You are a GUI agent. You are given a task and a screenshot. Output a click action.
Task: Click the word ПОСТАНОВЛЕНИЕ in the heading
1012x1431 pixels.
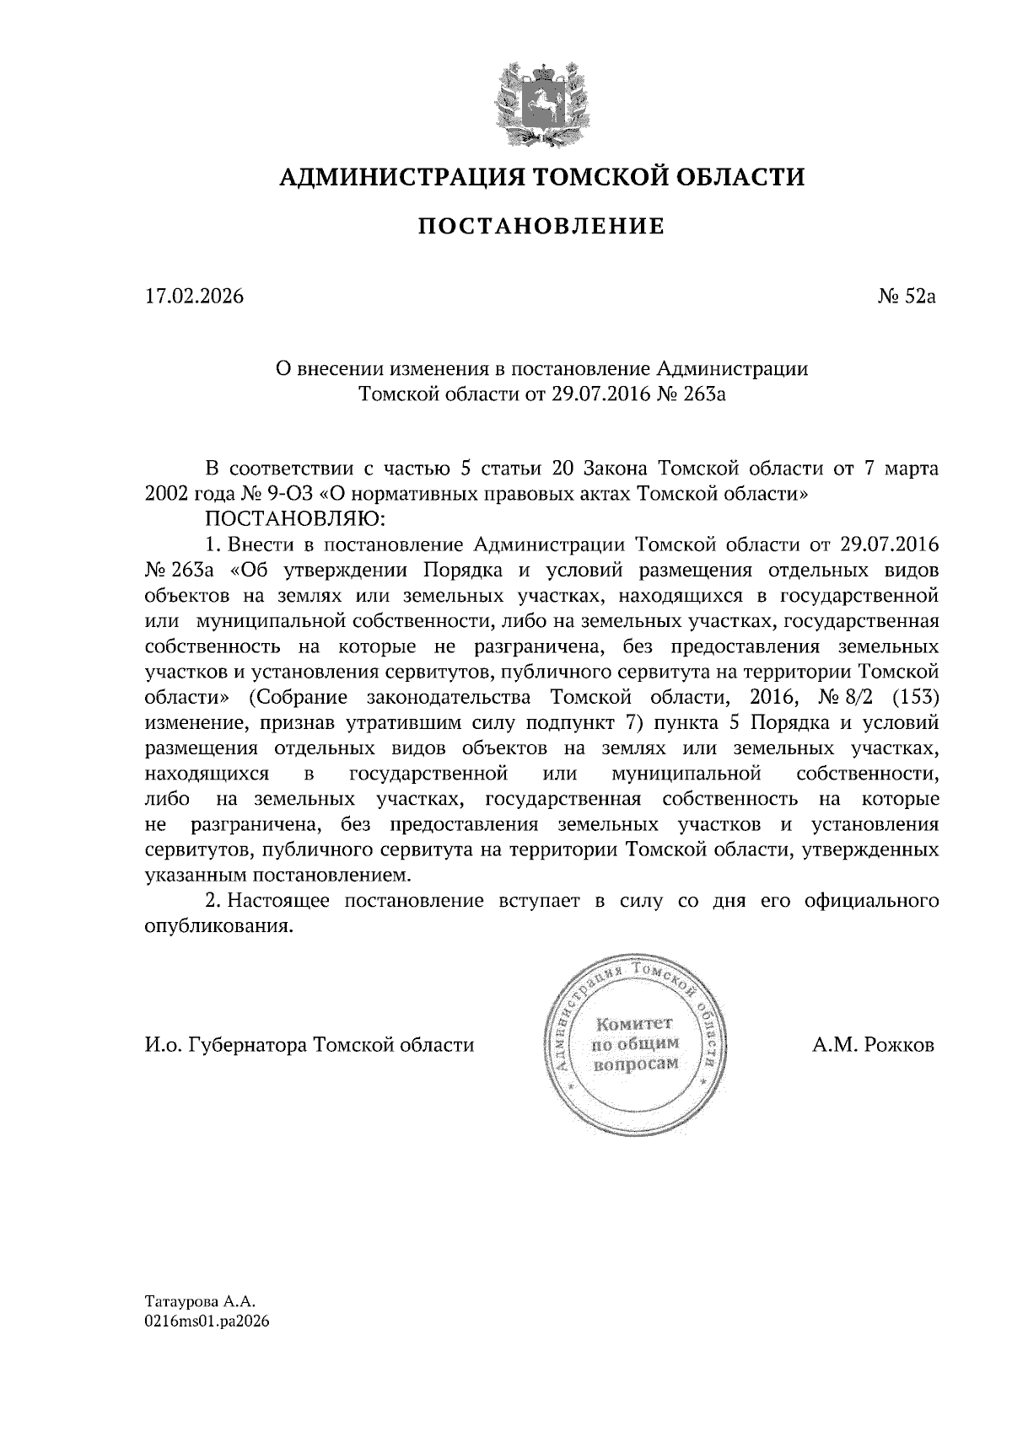(541, 226)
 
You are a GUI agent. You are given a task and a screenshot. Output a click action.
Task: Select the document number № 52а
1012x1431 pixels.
(907, 297)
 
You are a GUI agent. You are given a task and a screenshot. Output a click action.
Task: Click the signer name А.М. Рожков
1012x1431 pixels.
(874, 1045)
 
